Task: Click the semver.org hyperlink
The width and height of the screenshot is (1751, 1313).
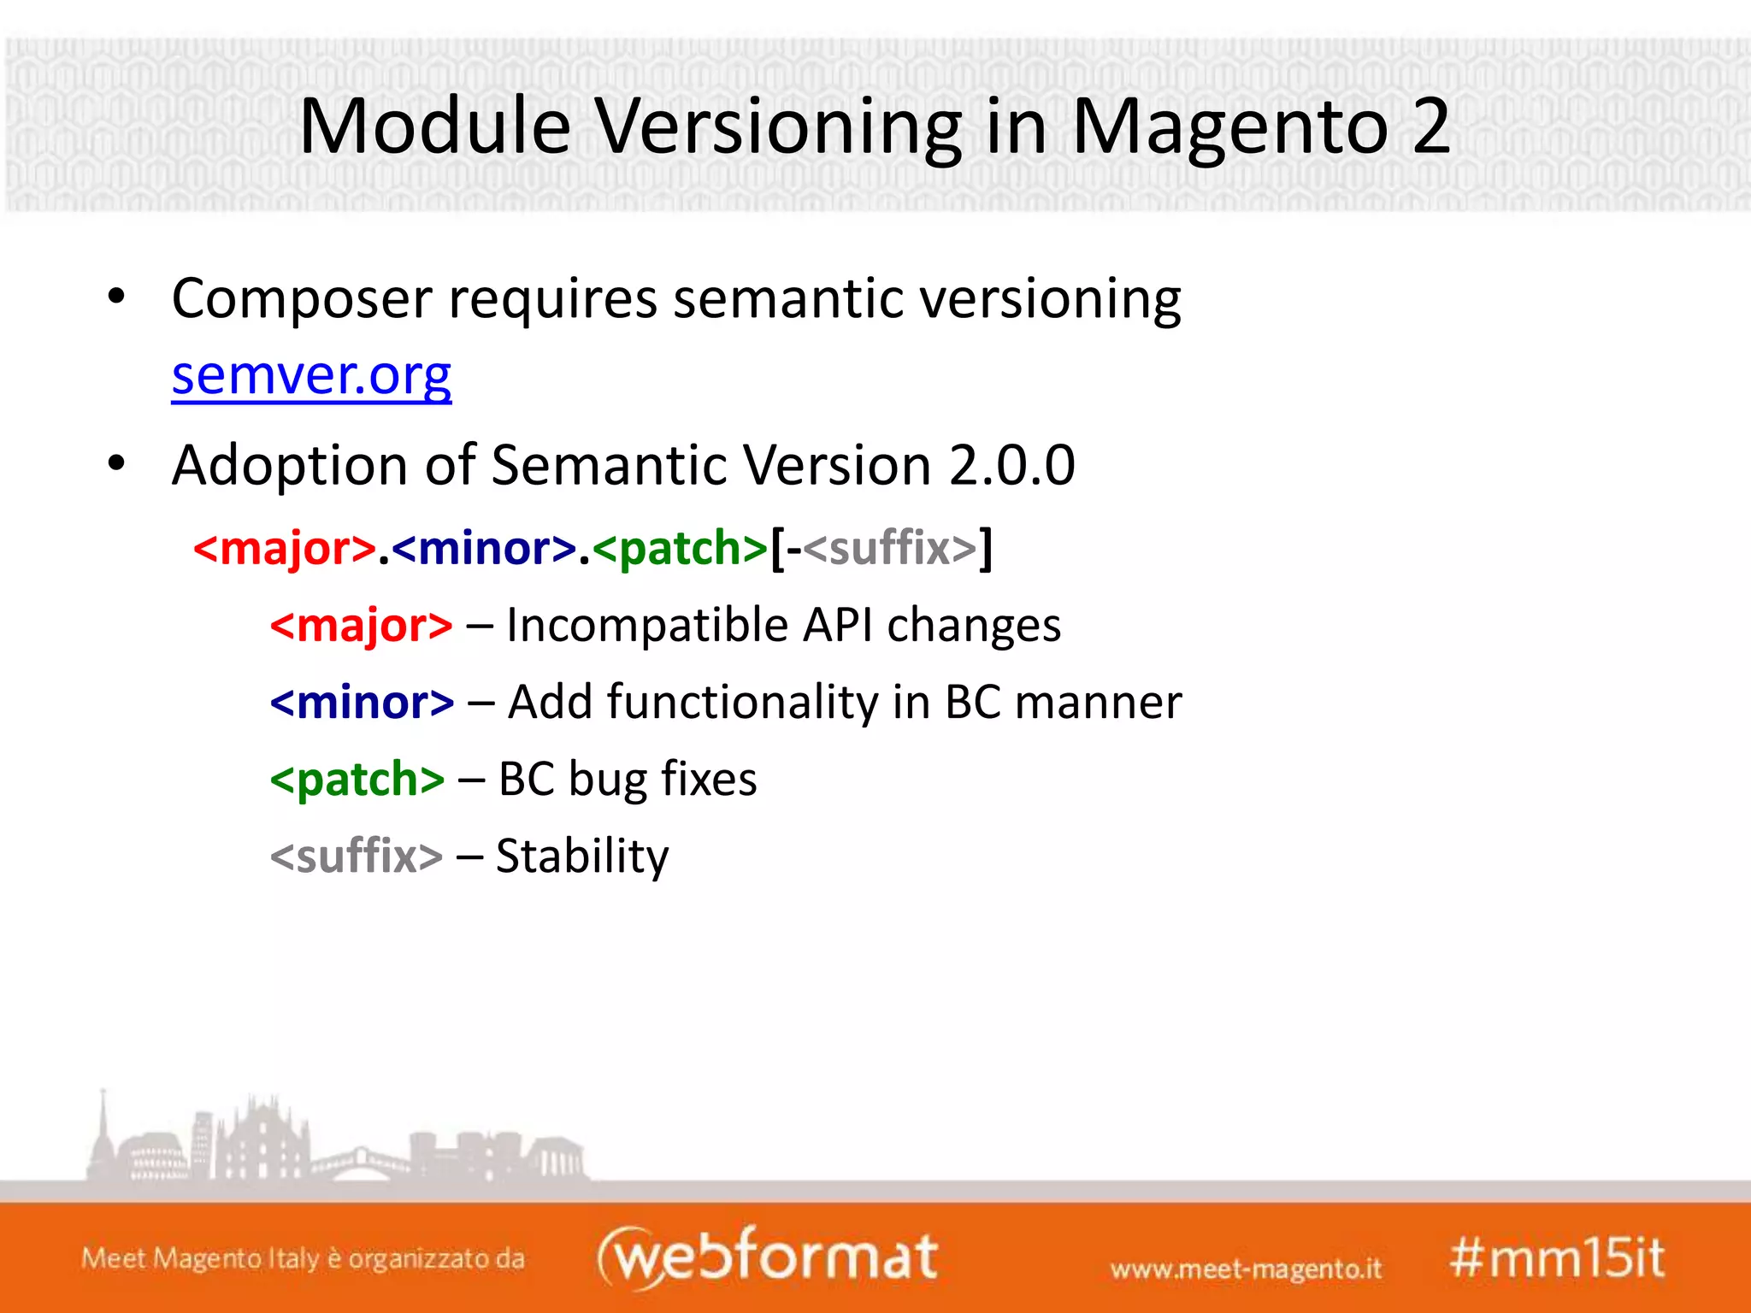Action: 311,376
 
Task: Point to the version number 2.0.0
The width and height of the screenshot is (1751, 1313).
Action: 1011,466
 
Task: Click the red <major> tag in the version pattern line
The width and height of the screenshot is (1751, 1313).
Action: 285,549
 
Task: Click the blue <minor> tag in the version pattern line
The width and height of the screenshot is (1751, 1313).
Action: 484,549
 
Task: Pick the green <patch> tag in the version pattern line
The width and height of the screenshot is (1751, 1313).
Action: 680,549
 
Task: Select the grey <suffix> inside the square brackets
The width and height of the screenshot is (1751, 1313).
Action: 889,549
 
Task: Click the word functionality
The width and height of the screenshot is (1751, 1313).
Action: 742,703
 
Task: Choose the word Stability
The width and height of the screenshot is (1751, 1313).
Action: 582,857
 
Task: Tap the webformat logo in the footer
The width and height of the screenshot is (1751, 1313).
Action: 767,1257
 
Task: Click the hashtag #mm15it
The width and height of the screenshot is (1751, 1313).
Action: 1556,1258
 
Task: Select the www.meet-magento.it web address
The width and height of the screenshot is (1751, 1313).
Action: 1245,1269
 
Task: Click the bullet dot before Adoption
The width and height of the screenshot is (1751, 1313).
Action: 117,464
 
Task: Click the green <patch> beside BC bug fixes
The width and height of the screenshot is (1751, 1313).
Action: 357,780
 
